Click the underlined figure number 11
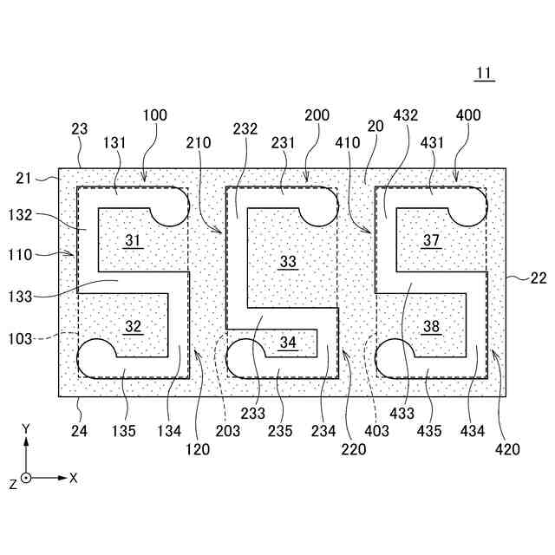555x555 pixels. (484, 74)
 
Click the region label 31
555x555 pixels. (132, 240)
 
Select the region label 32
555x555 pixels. (132, 326)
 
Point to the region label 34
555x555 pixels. (288, 343)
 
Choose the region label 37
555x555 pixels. (431, 240)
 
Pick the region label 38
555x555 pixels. (431, 326)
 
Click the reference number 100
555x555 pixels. (155, 115)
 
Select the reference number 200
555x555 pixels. (317, 115)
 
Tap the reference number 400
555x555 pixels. (467, 115)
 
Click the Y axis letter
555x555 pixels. (26, 428)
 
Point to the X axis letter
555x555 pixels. (74, 478)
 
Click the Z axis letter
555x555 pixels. (13, 484)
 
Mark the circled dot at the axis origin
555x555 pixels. (26, 478)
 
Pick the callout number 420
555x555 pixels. (508, 449)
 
